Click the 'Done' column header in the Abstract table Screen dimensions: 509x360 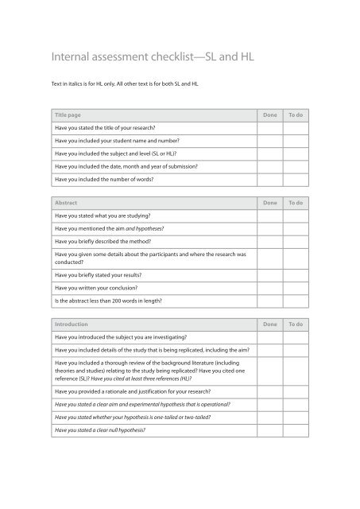(269, 202)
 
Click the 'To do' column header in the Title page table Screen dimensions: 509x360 (295, 115)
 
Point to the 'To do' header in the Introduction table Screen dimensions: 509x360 (295, 325)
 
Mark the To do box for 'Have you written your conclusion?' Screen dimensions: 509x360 (296, 288)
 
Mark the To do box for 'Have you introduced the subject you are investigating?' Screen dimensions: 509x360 (296, 338)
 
